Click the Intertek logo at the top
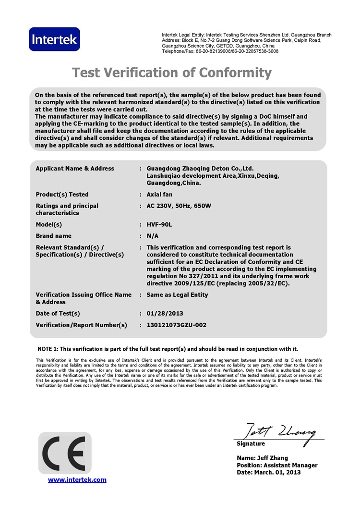point(54,39)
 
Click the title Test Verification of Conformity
point(172,73)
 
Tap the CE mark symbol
point(65,453)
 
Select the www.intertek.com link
point(77,479)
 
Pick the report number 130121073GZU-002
point(177,325)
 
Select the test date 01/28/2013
point(165,314)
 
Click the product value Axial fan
point(159,195)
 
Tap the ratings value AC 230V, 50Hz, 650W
point(179,206)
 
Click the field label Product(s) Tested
point(62,195)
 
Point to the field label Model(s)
point(49,224)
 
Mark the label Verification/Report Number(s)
point(82,325)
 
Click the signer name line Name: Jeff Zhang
point(263,458)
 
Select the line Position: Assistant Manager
point(277,466)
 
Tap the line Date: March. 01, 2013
point(268,473)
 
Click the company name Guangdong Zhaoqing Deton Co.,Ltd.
point(200,169)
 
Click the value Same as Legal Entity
point(178,294)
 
